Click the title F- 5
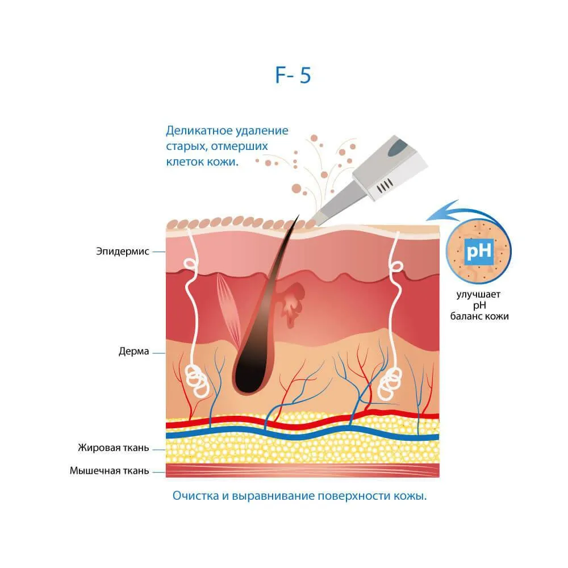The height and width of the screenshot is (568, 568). click(x=293, y=75)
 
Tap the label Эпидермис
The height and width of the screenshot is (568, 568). click(x=123, y=251)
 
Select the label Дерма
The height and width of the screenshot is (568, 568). click(x=133, y=351)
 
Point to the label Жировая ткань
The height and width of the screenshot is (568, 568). click(x=114, y=448)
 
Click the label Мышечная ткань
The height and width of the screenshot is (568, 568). click(x=110, y=470)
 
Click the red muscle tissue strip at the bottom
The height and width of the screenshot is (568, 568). click(x=303, y=470)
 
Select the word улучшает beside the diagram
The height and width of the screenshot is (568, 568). click(x=478, y=294)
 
